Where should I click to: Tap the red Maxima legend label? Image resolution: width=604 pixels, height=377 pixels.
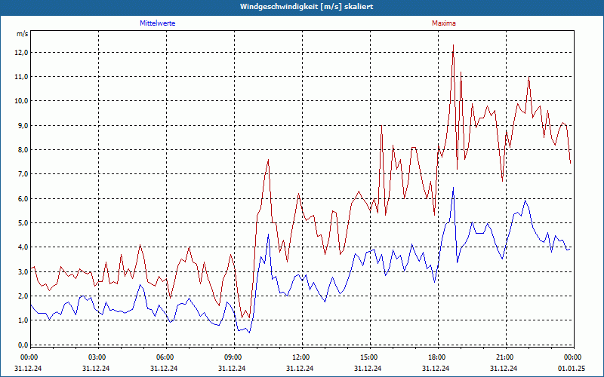pyautogui.click(x=444, y=23)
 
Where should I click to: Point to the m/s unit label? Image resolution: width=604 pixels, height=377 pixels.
pyautogui.click(x=23, y=34)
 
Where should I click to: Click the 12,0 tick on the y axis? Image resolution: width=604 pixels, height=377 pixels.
pyautogui.click(x=20, y=53)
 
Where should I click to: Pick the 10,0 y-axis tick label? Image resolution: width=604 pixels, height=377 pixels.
pyautogui.click(x=20, y=101)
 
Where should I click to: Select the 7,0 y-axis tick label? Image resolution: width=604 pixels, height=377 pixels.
pyautogui.click(x=20, y=174)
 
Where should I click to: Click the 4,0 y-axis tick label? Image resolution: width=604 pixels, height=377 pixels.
pyautogui.click(x=20, y=247)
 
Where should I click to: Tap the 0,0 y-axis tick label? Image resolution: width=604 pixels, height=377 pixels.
pyautogui.click(x=20, y=345)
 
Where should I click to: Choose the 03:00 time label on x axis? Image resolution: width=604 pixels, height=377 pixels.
pyautogui.click(x=97, y=357)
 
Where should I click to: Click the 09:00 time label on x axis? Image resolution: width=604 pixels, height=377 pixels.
pyautogui.click(x=233, y=357)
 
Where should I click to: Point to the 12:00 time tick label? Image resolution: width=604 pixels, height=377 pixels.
pyautogui.click(x=301, y=357)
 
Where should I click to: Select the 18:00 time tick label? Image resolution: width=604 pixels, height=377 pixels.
pyautogui.click(x=437, y=357)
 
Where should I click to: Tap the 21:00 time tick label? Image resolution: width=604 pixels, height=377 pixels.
pyautogui.click(x=505, y=357)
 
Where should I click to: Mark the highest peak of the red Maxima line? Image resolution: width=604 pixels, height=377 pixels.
pyautogui.click(x=453, y=45)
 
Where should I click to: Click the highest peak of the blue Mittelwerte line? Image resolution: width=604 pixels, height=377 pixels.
pyautogui.click(x=453, y=188)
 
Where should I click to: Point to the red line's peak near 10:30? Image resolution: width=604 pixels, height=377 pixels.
pyautogui.click(x=268, y=160)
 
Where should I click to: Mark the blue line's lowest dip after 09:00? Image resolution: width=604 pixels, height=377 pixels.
pyautogui.click(x=249, y=333)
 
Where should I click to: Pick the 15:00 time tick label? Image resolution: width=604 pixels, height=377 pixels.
pyautogui.click(x=369, y=357)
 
